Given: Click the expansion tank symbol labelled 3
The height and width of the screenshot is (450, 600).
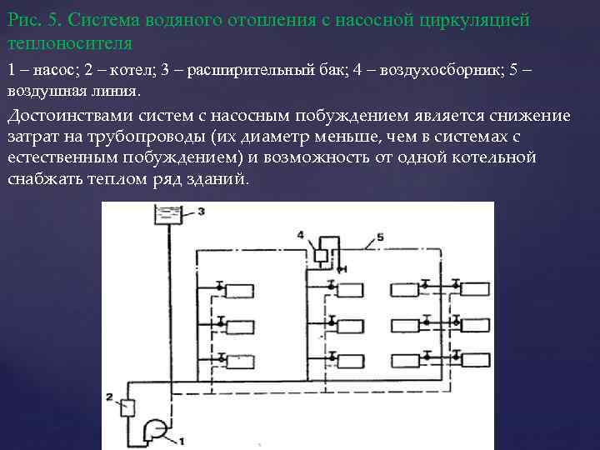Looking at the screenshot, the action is (168, 215).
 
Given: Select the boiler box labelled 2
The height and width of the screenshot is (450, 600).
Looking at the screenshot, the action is (127, 407).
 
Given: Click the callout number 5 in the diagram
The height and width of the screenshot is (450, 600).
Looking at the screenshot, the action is (380, 237).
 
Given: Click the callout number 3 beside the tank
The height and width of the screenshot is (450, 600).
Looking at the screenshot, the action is (201, 212).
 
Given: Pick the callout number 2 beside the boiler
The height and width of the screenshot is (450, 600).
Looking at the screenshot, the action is (109, 395).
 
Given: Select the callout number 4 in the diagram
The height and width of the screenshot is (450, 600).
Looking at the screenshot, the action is (301, 236).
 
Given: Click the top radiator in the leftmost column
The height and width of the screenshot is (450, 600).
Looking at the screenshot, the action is (240, 290).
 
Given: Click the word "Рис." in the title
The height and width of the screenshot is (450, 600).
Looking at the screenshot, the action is (24, 18).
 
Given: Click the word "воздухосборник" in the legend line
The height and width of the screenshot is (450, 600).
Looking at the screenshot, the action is (442, 70).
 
